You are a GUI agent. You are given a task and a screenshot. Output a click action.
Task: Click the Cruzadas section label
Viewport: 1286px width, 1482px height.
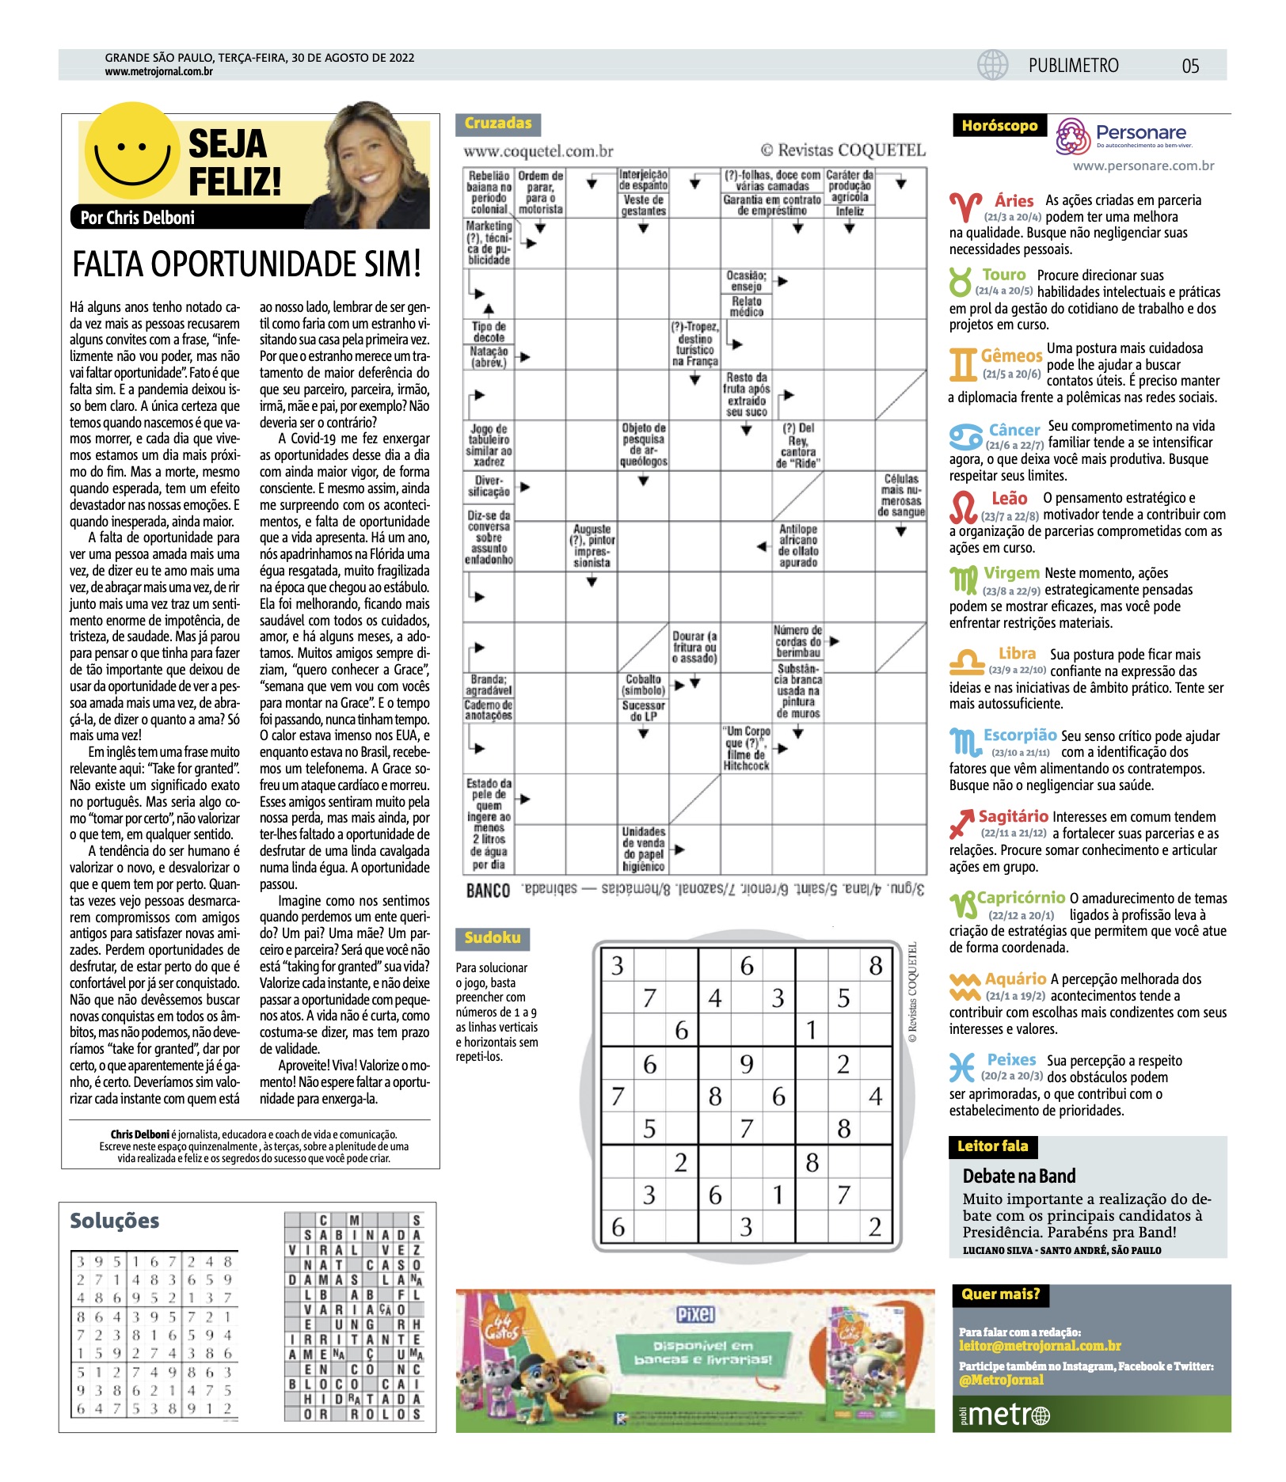coord(497,123)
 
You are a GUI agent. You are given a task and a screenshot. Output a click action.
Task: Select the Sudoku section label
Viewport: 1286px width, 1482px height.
coord(493,938)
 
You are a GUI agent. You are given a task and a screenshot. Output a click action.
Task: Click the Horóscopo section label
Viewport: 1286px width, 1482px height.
coord(999,126)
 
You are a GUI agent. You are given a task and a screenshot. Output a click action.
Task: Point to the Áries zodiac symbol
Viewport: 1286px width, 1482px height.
coord(964,207)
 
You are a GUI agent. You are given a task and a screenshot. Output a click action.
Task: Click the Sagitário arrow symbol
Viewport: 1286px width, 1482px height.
coord(961,824)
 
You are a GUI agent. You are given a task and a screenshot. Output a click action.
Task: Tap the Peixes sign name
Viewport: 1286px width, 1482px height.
coord(1011,1059)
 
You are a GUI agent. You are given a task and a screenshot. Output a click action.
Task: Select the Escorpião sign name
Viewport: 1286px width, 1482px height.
coord(1020,735)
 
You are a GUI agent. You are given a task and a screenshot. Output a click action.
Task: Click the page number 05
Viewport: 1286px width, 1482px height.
coord(1190,66)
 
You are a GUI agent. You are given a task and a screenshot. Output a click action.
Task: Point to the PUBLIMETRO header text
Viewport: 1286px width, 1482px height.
coord(1073,66)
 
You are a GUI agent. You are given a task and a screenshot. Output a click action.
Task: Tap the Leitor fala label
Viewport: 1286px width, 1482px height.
coord(992,1146)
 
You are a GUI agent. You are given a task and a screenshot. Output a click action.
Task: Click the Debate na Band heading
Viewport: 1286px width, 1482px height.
coord(1019,1176)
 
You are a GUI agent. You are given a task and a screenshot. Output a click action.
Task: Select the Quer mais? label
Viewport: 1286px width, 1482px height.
coord(1000,1294)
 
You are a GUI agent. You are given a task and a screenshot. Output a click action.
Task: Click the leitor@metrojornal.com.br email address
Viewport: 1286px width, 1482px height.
coord(1040,1346)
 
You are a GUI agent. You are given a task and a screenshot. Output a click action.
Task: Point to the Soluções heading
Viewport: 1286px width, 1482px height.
coord(115,1221)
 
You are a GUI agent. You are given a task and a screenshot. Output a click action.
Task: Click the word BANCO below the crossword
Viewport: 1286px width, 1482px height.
coord(488,891)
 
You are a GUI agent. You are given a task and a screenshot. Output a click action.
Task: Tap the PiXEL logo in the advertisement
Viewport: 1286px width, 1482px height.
coord(695,1315)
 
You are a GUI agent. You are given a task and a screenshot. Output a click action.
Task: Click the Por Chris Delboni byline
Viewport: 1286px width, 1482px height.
coord(138,218)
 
